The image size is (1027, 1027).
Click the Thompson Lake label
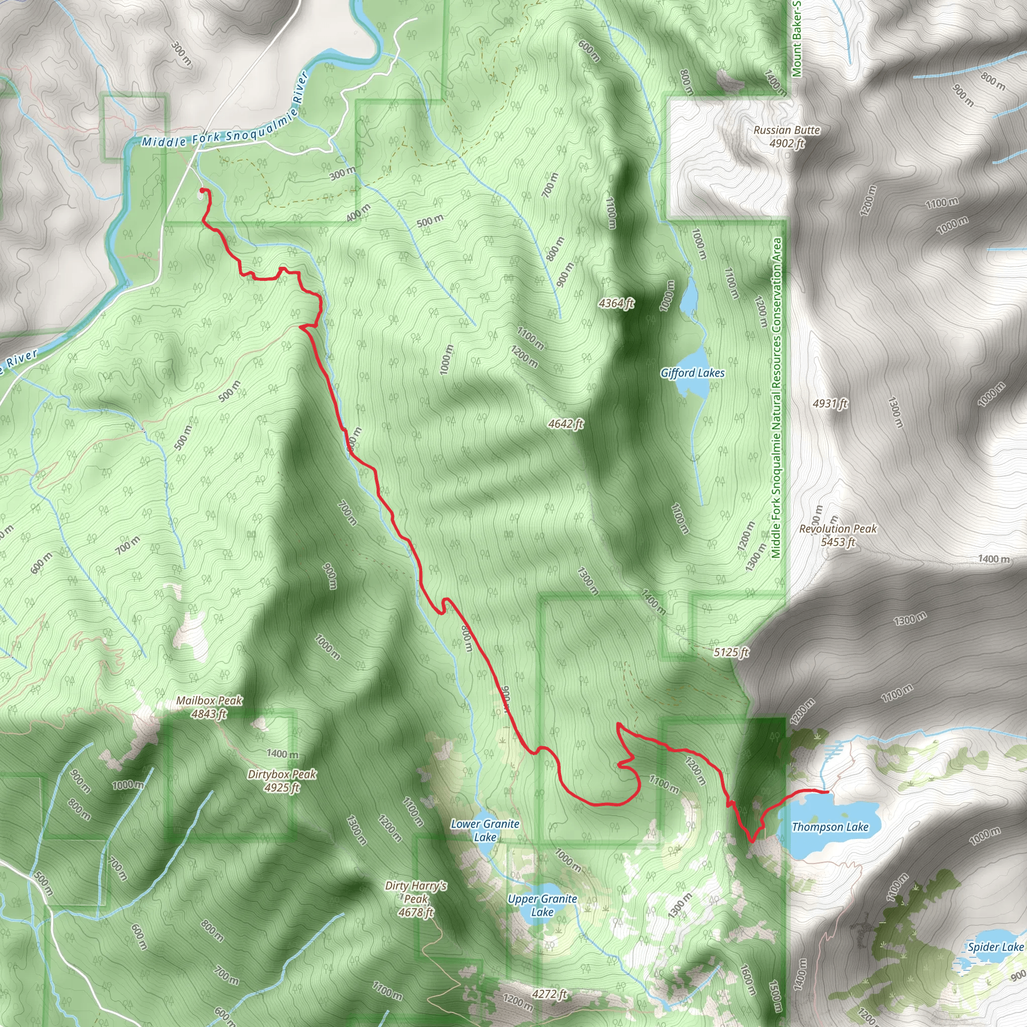(830, 826)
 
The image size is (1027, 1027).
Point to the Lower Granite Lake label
(485, 830)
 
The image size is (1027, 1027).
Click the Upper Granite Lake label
(542, 905)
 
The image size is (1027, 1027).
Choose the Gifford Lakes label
(692, 373)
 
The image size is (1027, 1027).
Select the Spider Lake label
(995, 947)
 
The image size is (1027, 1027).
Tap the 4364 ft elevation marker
(616, 303)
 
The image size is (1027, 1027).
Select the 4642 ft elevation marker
(566, 424)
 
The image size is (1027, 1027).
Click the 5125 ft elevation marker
(731, 652)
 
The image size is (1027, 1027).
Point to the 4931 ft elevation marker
(830, 404)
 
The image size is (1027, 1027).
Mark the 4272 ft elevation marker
(550, 993)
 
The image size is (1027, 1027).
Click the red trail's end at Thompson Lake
(827, 791)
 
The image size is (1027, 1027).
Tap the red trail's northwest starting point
(202, 190)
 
